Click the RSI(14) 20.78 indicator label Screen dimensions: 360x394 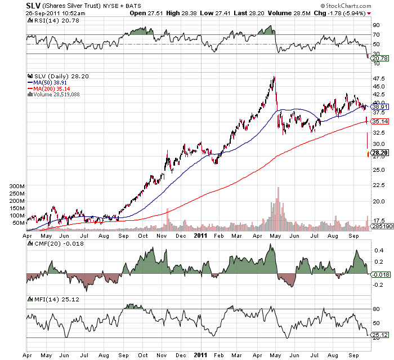click(x=51, y=20)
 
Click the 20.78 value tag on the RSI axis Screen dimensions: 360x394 click(x=380, y=58)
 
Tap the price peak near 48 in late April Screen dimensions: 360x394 click(x=274, y=77)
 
